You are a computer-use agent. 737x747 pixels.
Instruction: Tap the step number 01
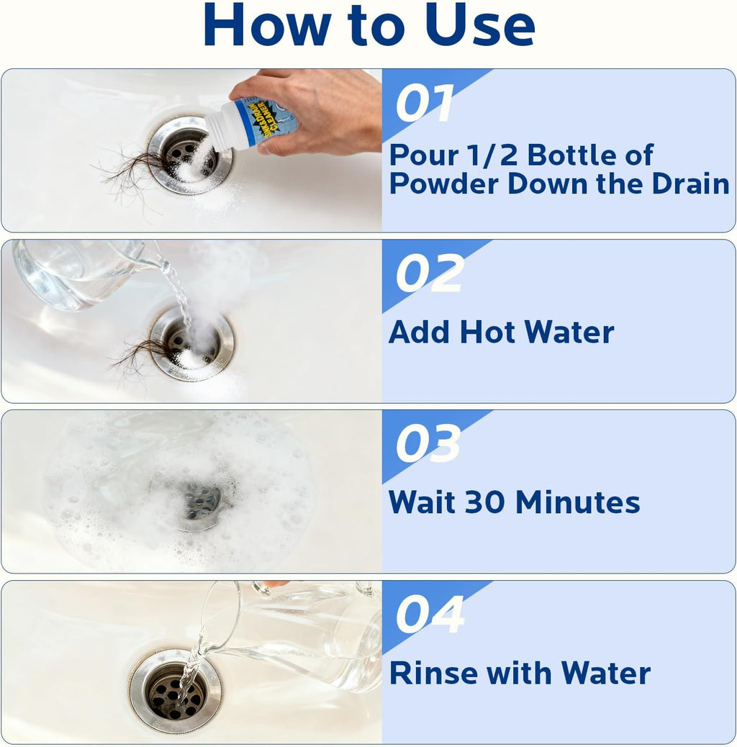(424, 104)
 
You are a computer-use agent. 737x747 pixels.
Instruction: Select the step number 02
(430, 273)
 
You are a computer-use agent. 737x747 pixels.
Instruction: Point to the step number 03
(428, 443)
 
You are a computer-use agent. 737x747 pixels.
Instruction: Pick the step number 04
(430, 614)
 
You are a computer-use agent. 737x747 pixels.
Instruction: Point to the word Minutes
(578, 502)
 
